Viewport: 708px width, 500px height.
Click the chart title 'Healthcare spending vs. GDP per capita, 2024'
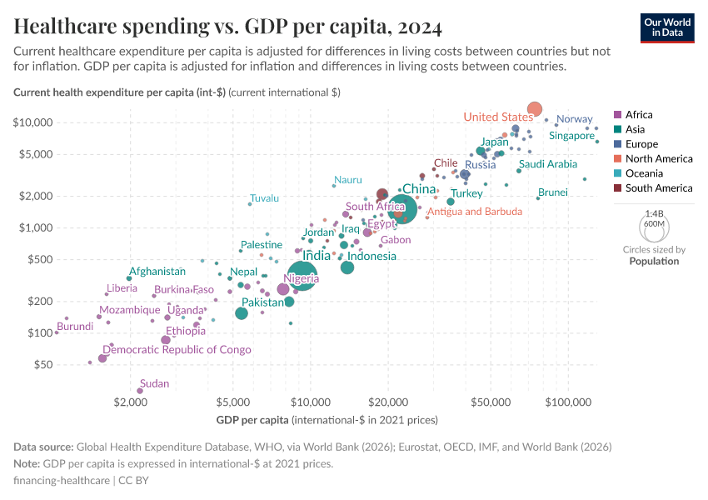click(x=227, y=27)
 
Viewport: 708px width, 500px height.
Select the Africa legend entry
click(x=638, y=115)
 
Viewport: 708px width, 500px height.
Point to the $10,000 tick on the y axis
click(x=33, y=122)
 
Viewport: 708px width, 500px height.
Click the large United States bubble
click(x=535, y=109)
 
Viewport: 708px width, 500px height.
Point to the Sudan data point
click(x=140, y=390)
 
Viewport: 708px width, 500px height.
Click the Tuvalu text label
click(x=264, y=198)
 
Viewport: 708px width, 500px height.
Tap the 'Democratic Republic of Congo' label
click(x=177, y=350)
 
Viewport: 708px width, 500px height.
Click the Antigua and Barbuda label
click(x=476, y=212)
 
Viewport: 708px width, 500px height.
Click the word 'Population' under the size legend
click(x=654, y=261)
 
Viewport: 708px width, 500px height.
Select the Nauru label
click(x=347, y=180)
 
